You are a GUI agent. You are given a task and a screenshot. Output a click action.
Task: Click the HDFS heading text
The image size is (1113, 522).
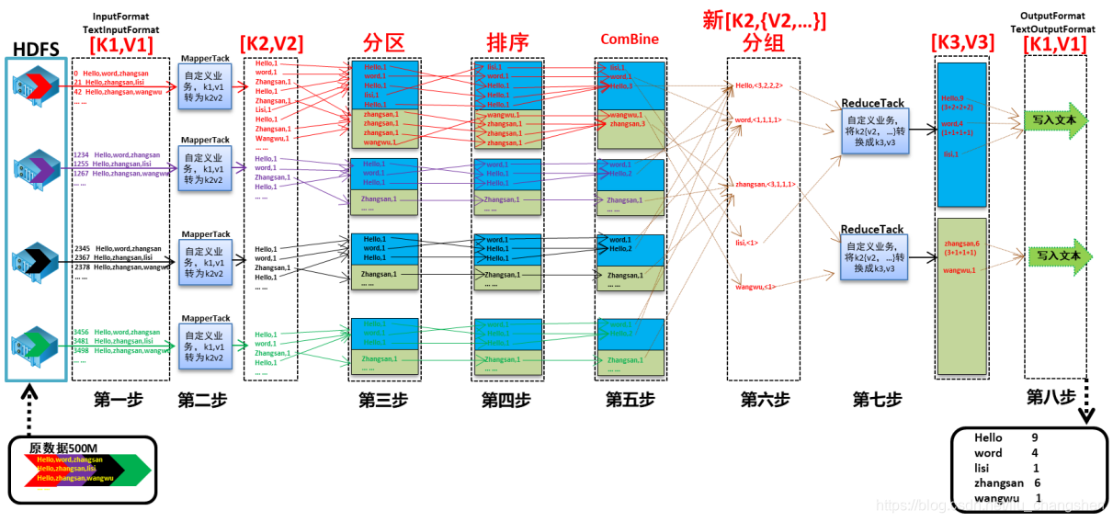click(36, 47)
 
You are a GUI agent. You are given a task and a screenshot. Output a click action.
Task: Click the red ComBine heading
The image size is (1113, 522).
click(630, 40)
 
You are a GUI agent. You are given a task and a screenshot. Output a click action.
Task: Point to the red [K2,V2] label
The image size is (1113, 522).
click(270, 43)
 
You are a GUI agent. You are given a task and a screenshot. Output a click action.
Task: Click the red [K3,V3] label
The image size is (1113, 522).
click(961, 42)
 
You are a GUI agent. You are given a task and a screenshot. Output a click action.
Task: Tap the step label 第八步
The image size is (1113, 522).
click(1051, 398)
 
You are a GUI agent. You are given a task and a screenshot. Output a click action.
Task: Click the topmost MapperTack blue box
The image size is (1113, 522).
click(203, 88)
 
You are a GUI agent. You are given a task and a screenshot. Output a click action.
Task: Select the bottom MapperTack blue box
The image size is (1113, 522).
click(203, 346)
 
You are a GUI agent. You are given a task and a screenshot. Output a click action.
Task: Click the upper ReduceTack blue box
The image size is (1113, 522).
click(873, 132)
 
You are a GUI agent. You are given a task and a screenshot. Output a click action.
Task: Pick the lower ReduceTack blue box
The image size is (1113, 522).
click(873, 255)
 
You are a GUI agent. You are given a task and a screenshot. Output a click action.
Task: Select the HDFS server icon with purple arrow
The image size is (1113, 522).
click(36, 168)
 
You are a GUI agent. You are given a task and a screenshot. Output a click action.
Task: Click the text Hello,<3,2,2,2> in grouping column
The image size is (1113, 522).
click(758, 86)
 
